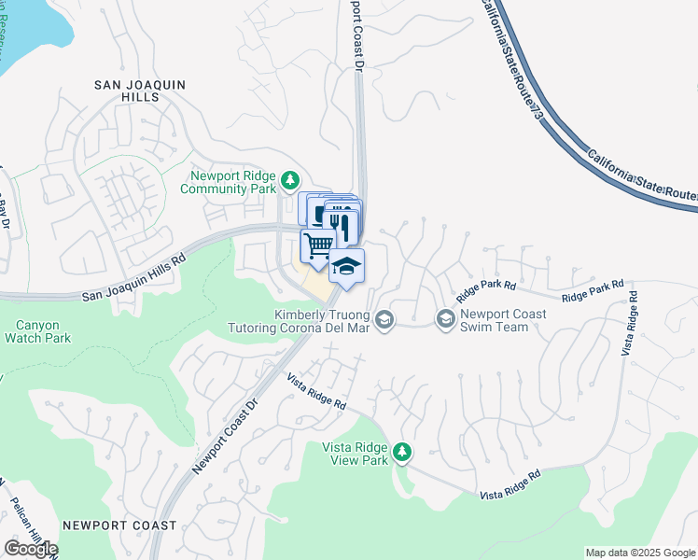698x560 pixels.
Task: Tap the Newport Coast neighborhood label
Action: (x=119, y=525)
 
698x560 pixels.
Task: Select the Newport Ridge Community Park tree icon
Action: (x=291, y=178)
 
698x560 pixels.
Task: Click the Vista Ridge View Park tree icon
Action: (x=402, y=452)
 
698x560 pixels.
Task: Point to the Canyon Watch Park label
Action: (x=37, y=332)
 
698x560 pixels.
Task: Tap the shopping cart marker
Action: (x=318, y=245)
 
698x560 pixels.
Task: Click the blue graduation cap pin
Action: (x=346, y=266)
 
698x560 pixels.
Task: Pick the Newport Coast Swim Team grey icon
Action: (x=445, y=320)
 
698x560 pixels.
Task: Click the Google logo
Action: (x=31, y=549)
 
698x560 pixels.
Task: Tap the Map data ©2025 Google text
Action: (x=640, y=553)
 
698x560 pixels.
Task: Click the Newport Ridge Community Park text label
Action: (x=233, y=182)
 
